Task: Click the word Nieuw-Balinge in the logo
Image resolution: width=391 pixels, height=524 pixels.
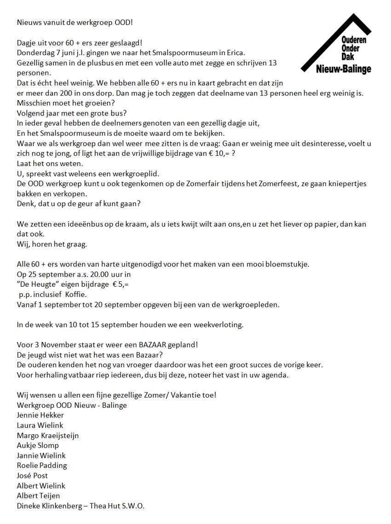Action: [x=344, y=69]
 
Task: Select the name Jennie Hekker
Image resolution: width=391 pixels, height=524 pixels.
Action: [x=40, y=415]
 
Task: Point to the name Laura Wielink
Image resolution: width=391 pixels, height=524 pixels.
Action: [x=40, y=425]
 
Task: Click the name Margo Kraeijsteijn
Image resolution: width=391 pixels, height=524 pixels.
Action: [x=48, y=435]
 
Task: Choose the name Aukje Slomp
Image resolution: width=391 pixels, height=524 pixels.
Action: [x=38, y=445]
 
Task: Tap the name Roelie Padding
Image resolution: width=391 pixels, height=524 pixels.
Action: [x=42, y=466]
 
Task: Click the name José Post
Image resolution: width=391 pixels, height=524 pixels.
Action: [x=32, y=476]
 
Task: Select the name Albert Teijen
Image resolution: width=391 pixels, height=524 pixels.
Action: [x=38, y=496]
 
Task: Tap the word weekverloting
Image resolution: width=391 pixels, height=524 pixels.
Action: [x=218, y=325]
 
